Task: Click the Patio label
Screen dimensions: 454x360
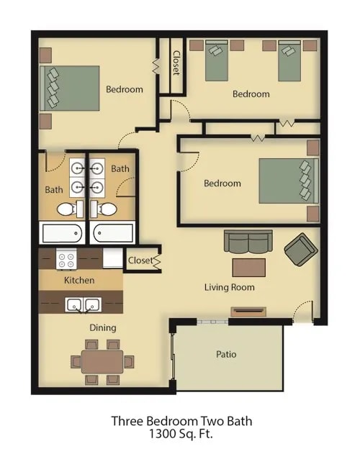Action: click(226, 355)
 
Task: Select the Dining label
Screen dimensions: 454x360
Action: click(103, 328)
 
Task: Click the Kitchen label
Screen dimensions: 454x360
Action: click(79, 280)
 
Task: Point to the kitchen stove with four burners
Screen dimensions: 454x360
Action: click(67, 258)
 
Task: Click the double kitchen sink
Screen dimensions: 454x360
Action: click(83, 304)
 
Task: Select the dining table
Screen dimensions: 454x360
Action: click(102, 361)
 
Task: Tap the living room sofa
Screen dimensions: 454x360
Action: click(248, 241)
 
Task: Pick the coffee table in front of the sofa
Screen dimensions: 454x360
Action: click(248, 267)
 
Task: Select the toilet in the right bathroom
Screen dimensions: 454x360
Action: click(107, 209)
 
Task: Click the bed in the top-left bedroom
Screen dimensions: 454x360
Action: click(70, 88)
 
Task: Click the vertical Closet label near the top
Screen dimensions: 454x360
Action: click(176, 63)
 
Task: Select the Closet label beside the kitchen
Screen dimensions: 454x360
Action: click(140, 260)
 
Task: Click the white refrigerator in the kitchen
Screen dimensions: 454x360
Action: click(112, 258)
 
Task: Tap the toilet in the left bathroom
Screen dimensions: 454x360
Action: click(66, 209)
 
